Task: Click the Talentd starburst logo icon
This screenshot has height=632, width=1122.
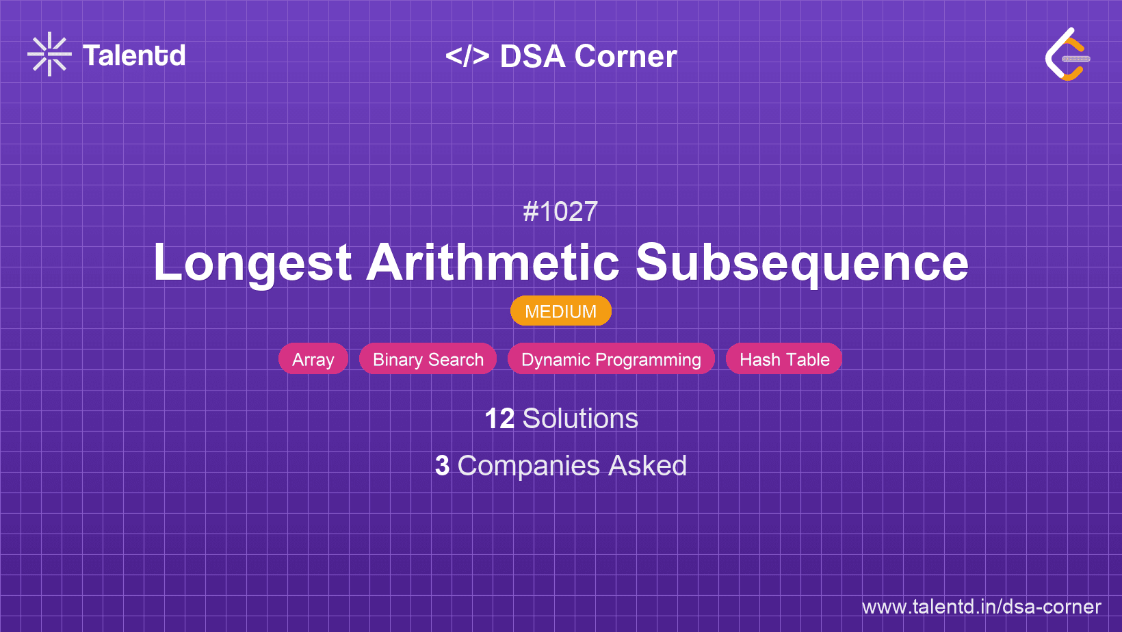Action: click(49, 54)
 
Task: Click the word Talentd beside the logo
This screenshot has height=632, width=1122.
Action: click(134, 55)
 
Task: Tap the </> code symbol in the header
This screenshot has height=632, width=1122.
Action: click(467, 56)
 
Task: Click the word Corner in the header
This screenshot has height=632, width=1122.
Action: click(626, 57)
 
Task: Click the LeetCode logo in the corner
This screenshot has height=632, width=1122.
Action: click(1067, 55)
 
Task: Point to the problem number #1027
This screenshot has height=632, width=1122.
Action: click(560, 212)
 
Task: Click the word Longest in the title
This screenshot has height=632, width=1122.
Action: click(252, 263)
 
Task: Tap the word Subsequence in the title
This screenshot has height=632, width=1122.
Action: click(802, 263)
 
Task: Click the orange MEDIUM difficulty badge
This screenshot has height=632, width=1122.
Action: click(560, 311)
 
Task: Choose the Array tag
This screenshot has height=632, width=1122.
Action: click(313, 359)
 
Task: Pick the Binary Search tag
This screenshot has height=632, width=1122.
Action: click(428, 359)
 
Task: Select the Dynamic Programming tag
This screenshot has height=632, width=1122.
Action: click(611, 359)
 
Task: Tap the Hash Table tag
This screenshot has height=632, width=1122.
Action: click(784, 359)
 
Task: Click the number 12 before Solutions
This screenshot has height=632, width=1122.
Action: click(499, 419)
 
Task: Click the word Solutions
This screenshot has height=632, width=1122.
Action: click(580, 419)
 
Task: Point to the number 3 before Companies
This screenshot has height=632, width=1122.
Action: click(443, 466)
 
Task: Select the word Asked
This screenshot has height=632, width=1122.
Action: click(647, 466)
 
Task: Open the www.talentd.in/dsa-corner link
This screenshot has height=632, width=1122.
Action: click(981, 607)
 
